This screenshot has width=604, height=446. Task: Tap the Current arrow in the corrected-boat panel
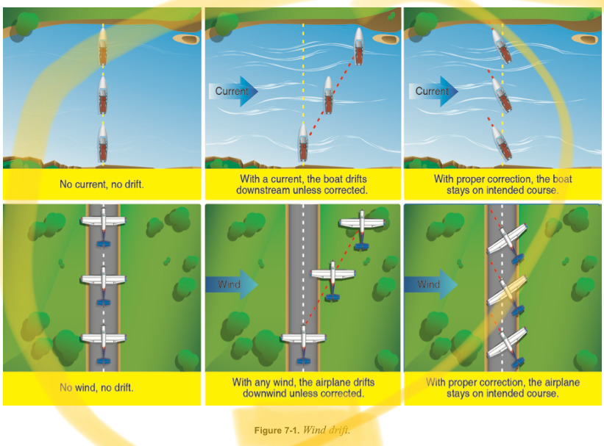tap(433, 92)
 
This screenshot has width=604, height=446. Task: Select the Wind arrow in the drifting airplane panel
tap(230, 284)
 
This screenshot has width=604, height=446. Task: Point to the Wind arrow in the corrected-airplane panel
tap(430, 284)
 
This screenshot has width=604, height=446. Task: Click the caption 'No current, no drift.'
tap(102, 184)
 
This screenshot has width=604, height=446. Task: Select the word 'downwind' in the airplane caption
tap(269, 393)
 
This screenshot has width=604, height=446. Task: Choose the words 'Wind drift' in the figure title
tap(330, 430)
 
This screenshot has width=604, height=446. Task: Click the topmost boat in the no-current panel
tap(103, 47)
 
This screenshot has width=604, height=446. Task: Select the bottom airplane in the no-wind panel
tap(103, 341)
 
